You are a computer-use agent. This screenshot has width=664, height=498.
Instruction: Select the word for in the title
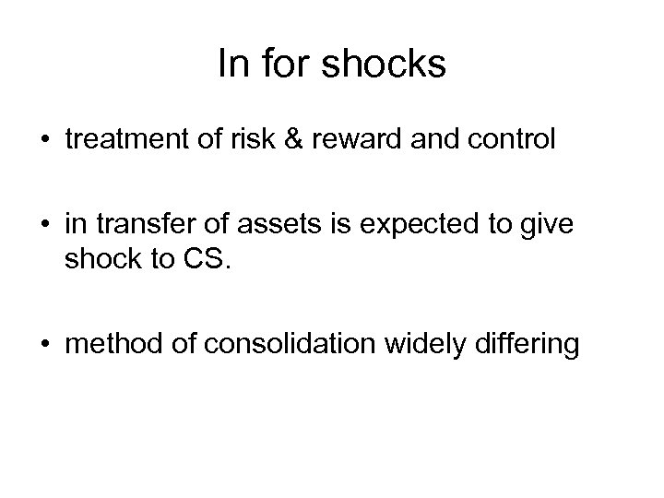coord(278,65)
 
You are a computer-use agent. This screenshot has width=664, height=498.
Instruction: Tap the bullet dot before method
coord(44,347)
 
